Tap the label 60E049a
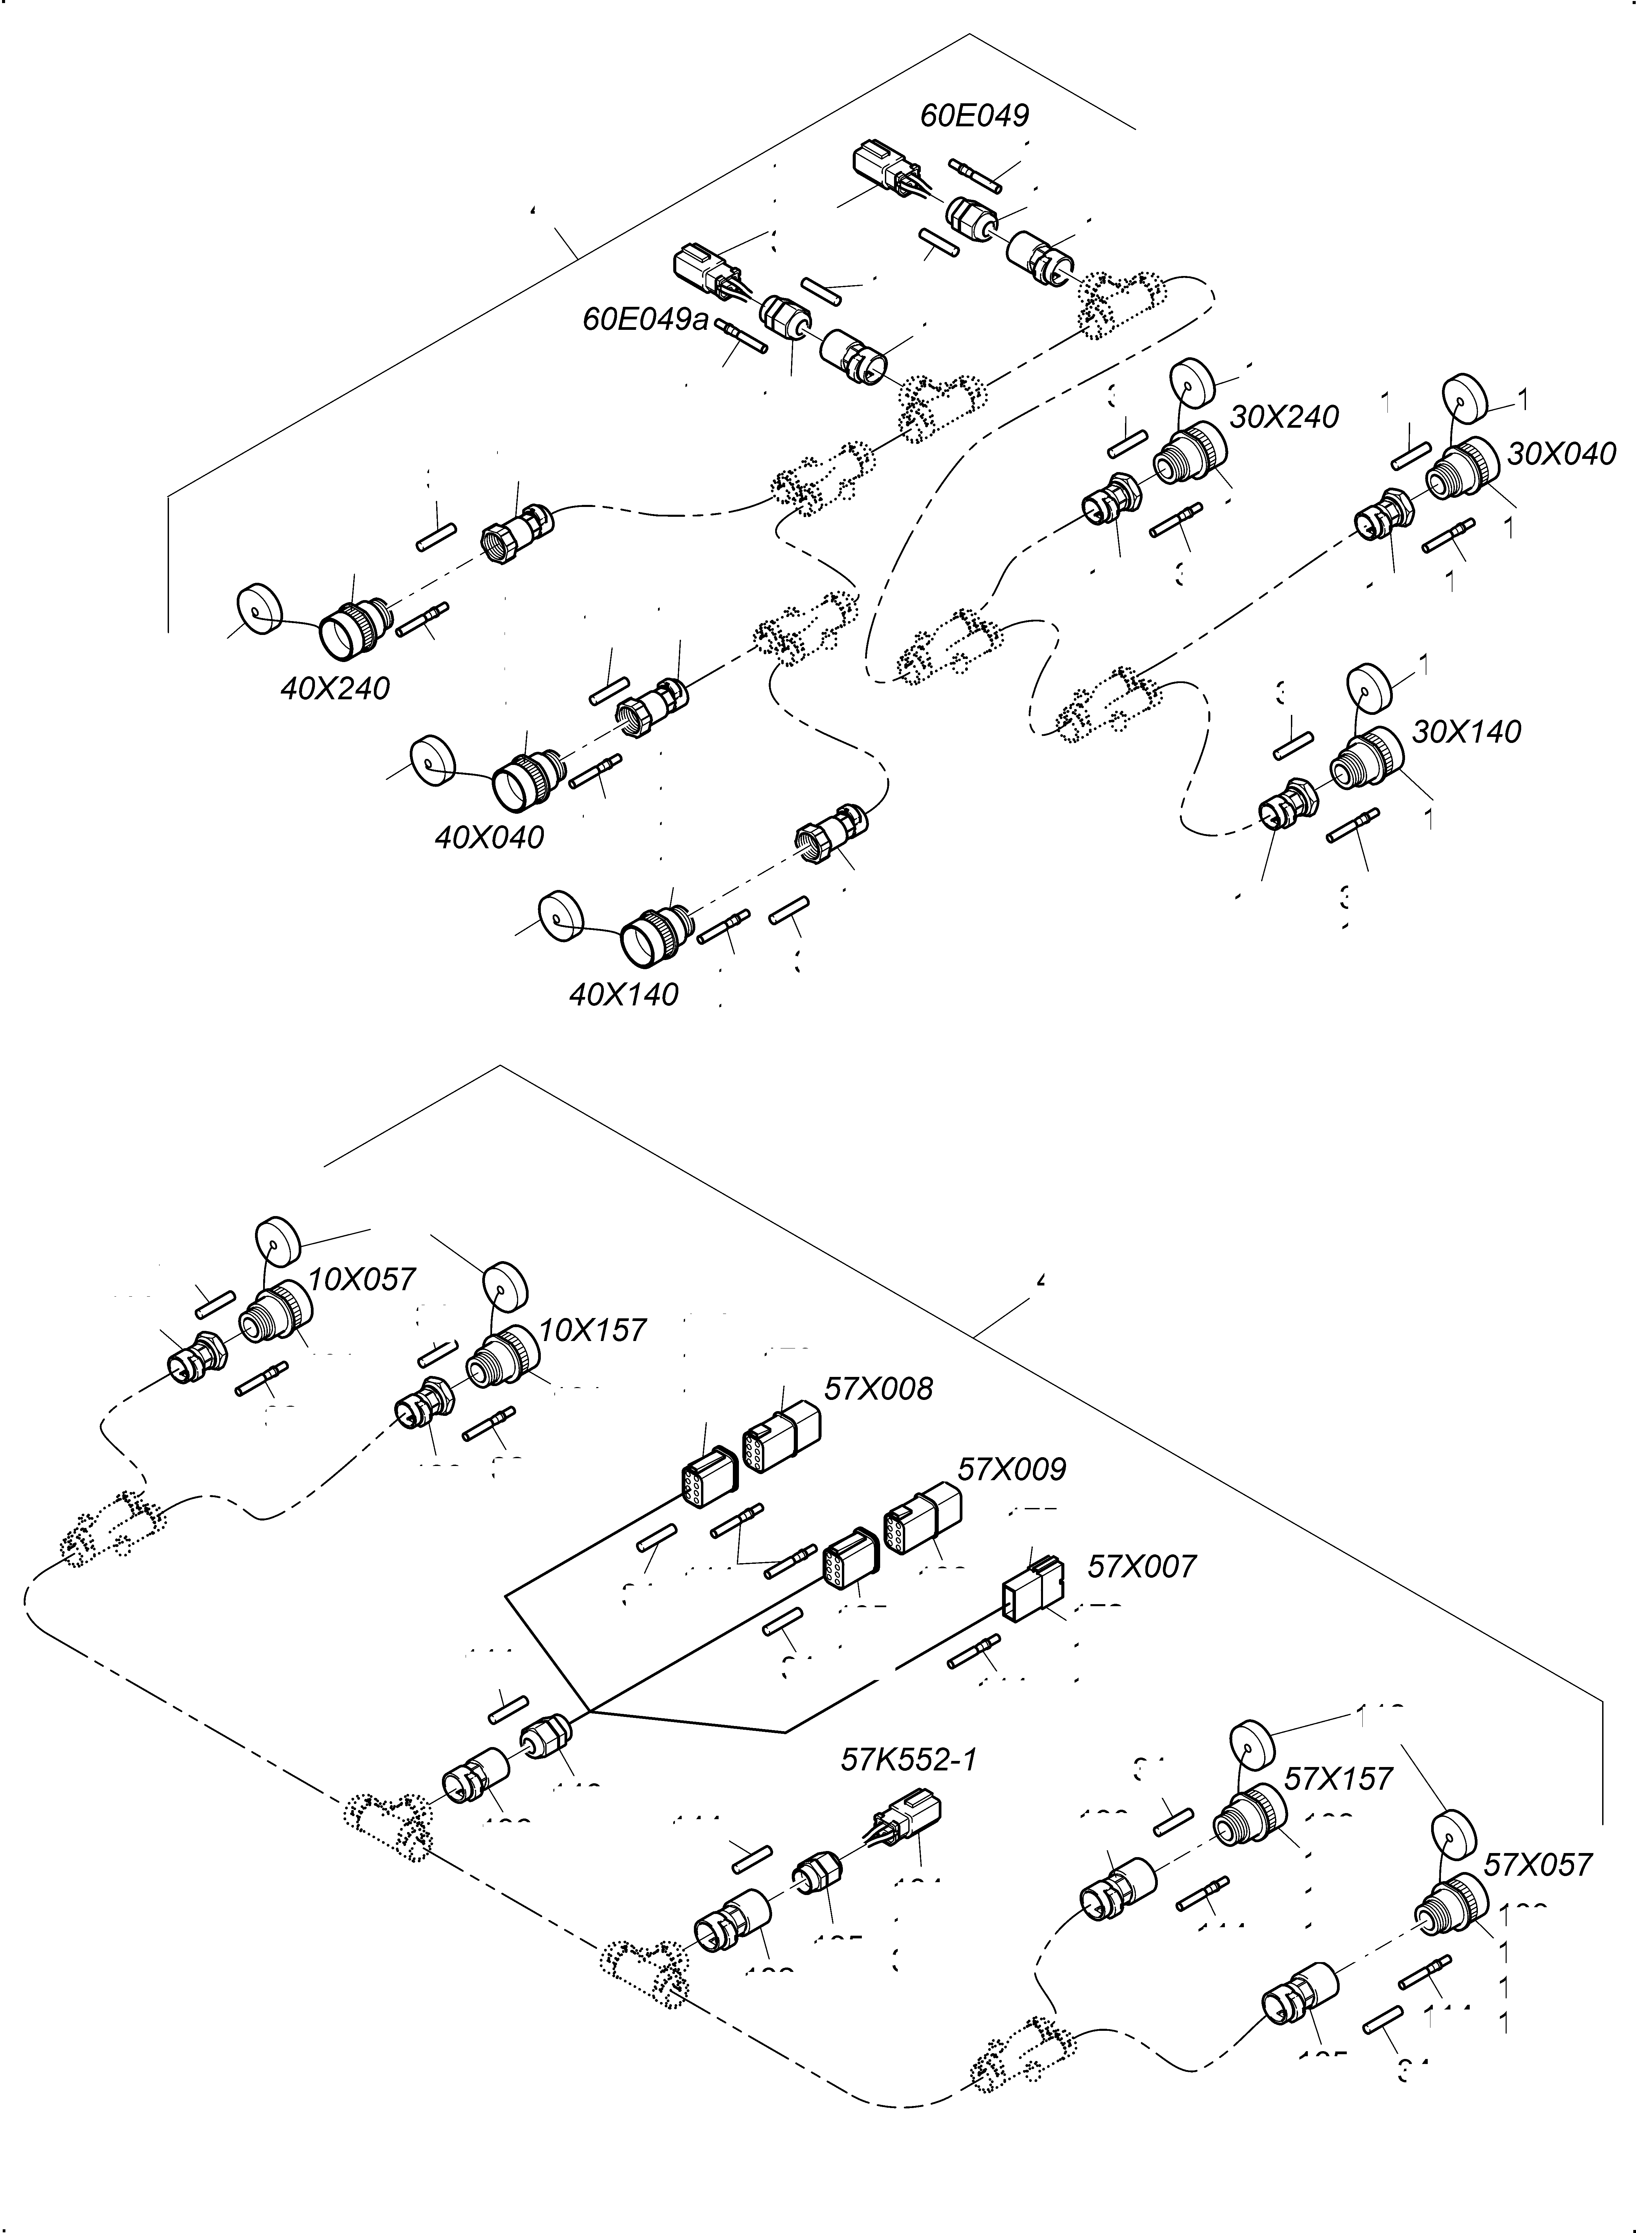646,320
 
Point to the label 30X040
1561,454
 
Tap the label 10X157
592,1330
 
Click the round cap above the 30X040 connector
1465,398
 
